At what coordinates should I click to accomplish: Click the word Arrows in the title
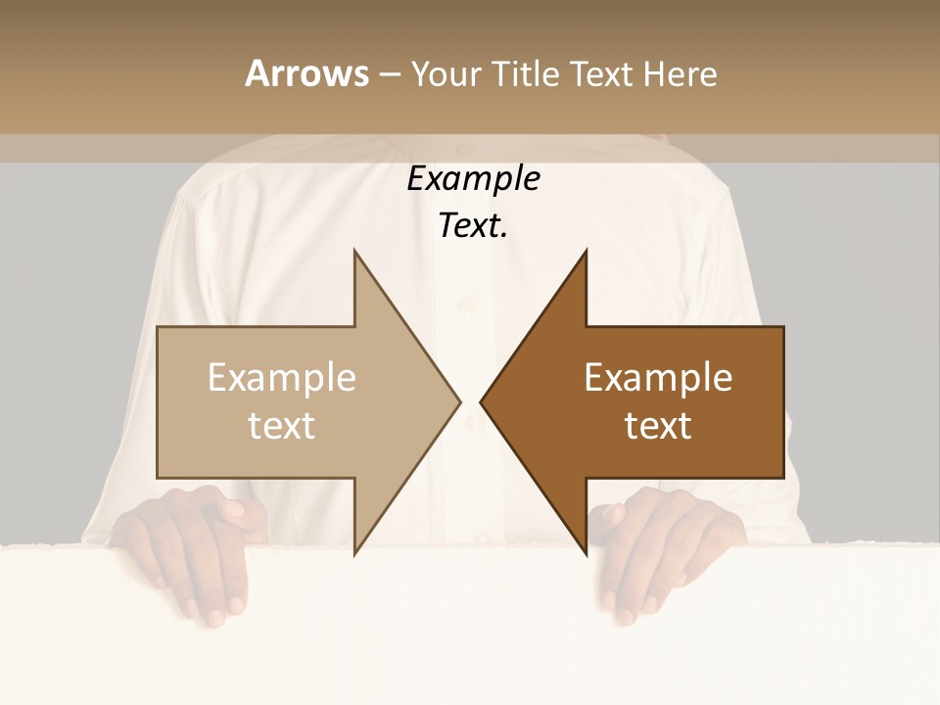(x=306, y=73)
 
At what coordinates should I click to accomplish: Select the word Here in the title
(x=679, y=74)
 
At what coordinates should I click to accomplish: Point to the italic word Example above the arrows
(x=473, y=179)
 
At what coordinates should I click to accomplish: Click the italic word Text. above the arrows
(x=473, y=226)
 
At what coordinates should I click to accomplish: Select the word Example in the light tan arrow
(x=282, y=378)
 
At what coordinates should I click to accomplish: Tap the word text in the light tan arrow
(x=282, y=426)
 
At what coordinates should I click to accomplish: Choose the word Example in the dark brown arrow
(x=658, y=378)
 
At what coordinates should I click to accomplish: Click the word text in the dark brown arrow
(x=658, y=426)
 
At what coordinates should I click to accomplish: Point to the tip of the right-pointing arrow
(x=460, y=401)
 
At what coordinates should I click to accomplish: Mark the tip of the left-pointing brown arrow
(x=481, y=401)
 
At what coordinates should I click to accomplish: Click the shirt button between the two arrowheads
(x=471, y=423)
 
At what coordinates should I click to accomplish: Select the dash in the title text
(x=389, y=74)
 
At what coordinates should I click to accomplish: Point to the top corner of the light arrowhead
(x=354, y=251)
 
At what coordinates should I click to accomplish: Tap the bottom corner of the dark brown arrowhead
(x=586, y=554)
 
